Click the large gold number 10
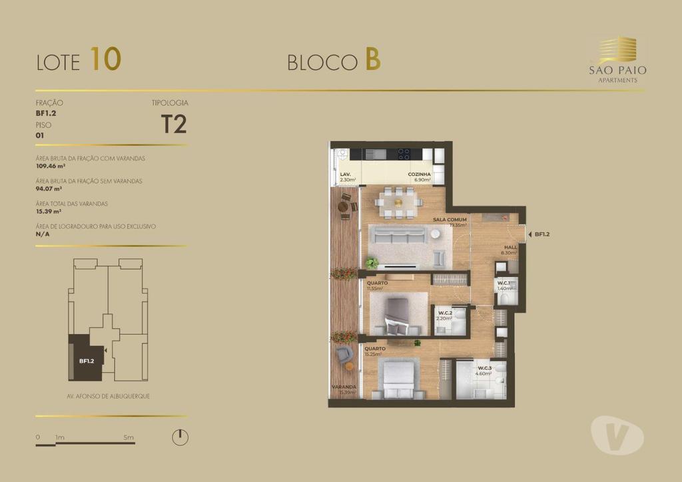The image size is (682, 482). (106, 59)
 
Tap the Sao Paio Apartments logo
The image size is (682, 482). (617, 61)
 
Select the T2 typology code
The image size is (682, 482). (174, 124)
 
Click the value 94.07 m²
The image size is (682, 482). (47, 189)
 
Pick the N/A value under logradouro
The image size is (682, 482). (42, 234)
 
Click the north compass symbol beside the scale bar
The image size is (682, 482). (180, 437)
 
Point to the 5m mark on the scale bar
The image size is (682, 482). (129, 437)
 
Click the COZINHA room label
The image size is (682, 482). (420, 175)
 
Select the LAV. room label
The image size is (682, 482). (345, 175)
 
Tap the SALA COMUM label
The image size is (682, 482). (449, 219)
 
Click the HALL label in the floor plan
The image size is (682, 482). (510, 247)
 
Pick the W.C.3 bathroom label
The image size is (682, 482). (484, 368)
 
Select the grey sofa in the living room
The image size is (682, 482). (398, 236)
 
